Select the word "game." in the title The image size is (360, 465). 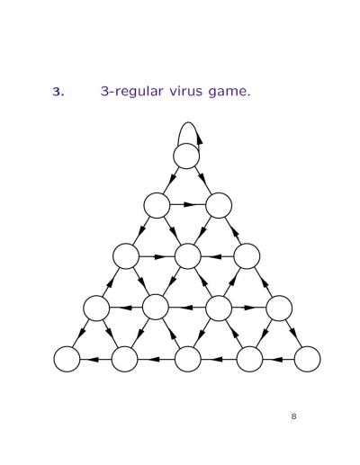pyautogui.click(x=229, y=92)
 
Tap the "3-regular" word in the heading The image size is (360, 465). pyautogui.click(x=132, y=92)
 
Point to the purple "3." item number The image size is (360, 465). pyautogui.click(x=58, y=92)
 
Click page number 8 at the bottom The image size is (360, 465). pyautogui.click(x=293, y=416)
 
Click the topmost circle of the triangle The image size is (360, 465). pyautogui.click(x=186, y=156)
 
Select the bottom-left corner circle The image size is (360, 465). pyautogui.click(x=67, y=359)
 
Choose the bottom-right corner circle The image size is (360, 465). pyautogui.click(x=307, y=359)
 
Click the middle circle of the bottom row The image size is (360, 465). pyautogui.click(x=187, y=359)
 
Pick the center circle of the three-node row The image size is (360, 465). pyautogui.click(x=187, y=256)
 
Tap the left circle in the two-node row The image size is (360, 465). pyautogui.click(x=157, y=205)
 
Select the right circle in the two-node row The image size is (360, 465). pyautogui.click(x=219, y=205)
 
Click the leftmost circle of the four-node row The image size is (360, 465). pyautogui.click(x=96, y=308)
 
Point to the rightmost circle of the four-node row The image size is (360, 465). pyautogui.click(x=279, y=308)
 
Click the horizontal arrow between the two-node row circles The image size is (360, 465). pyautogui.click(x=188, y=205)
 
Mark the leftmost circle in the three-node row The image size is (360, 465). pyautogui.click(x=126, y=256)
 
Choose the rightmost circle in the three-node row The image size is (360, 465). pyautogui.click(x=247, y=256)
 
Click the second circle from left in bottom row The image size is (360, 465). pyautogui.click(x=124, y=359)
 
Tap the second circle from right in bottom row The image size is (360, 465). pyautogui.click(x=249, y=359)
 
